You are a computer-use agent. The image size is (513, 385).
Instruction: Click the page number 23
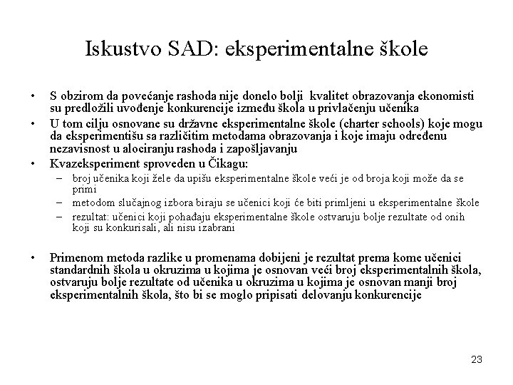pyautogui.click(x=477, y=359)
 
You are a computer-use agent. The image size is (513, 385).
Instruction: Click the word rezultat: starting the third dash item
pyautogui.click(x=90, y=216)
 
